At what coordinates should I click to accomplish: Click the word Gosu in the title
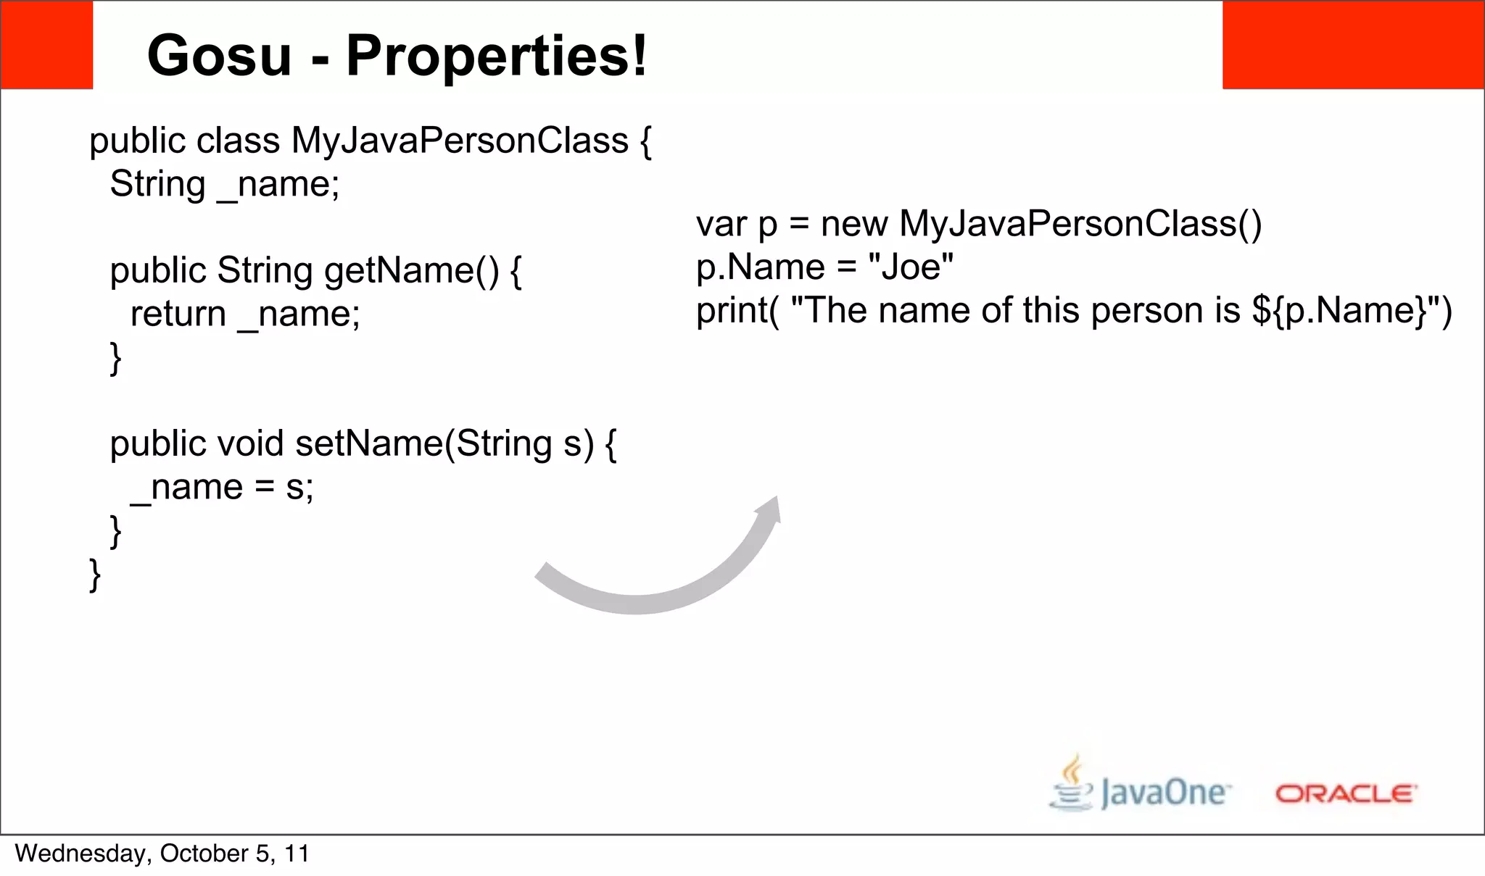219,56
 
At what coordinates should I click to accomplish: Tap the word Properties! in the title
497,56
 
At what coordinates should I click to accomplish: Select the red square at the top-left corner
46,45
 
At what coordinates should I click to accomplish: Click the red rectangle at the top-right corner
1353,45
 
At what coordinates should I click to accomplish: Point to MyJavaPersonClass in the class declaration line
460,141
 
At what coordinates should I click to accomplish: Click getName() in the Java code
411,271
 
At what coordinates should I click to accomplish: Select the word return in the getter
178,314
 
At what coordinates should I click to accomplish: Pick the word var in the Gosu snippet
721,225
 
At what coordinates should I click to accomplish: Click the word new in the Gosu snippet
853,225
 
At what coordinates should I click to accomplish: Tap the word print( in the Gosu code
737,312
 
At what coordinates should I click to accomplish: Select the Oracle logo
1346,794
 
